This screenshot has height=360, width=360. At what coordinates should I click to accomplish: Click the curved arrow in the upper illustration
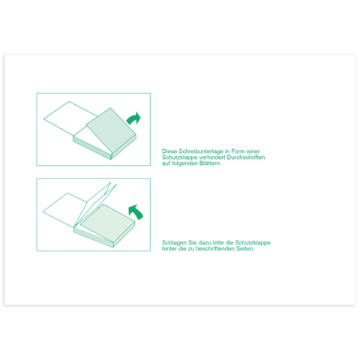pos(134,118)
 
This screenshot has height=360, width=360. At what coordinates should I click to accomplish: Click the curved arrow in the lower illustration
pos(136,212)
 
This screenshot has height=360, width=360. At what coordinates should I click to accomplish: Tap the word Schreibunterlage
pos(201,151)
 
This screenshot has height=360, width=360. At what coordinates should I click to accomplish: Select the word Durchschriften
pos(246,157)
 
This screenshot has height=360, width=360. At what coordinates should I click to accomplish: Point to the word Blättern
pos(210,163)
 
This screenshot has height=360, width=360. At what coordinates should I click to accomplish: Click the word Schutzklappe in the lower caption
pos(253,243)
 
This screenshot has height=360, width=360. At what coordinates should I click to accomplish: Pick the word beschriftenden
pos(215,249)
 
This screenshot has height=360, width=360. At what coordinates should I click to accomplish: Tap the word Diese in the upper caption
pos(169,151)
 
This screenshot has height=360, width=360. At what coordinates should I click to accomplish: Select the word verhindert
pos(212,157)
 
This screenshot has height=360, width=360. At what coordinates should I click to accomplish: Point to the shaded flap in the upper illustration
pos(111,130)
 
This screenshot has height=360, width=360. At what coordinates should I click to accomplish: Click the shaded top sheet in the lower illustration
pos(107,223)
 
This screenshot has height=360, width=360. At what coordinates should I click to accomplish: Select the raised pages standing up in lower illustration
pos(96,204)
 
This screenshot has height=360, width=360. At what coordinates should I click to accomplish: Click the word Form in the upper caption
pos(238,151)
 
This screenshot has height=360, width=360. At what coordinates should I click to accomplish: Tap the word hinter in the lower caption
pos(169,249)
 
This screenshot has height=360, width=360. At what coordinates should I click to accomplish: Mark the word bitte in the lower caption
pos(218,243)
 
